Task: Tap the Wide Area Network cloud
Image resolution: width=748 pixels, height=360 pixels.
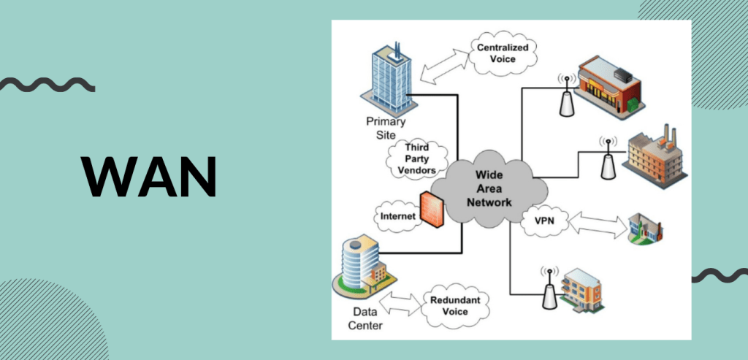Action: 489,189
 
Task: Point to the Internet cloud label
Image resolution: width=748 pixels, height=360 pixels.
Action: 397,216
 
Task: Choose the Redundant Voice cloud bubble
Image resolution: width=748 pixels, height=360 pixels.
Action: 449,305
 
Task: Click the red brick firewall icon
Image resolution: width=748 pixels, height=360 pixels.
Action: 432,209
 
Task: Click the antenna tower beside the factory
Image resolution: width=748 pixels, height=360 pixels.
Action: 606,158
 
